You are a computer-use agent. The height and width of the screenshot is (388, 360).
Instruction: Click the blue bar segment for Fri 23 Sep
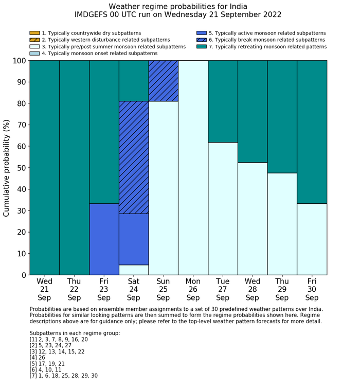pyautogui.click(x=104, y=239)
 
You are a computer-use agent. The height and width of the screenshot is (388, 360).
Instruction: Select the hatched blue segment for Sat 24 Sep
pyautogui.click(x=134, y=157)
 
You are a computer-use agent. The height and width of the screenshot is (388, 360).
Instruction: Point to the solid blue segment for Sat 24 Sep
pyautogui.click(x=134, y=239)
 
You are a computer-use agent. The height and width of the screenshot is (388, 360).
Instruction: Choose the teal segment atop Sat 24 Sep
pyautogui.click(x=134, y=81)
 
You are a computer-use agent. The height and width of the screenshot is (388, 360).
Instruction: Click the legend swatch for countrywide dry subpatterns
pyautogui.click(x=34, y=33)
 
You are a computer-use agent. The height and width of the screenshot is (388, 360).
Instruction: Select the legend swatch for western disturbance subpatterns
pyautogui.click(x=34, y=40)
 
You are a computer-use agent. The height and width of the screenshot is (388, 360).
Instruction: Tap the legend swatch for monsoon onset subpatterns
pyautogui.click(x=34, y=53)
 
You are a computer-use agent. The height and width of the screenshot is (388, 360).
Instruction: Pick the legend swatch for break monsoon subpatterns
pyautogui.click(x=202, y=40)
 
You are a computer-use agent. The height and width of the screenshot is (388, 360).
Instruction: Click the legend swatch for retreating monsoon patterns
pyautogui.click(x=202, y=46)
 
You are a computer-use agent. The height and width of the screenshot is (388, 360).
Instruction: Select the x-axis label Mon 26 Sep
pyautogui.click(x=193, y=289)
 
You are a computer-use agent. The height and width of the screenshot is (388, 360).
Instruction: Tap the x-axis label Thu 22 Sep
pyautogui.click(x=74, y=289)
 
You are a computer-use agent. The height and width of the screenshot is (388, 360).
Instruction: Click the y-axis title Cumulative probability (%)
pyautogui.click(x=7, y=168)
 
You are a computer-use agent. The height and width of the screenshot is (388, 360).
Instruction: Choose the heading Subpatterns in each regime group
pyautogui.click(x=75, y=333)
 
